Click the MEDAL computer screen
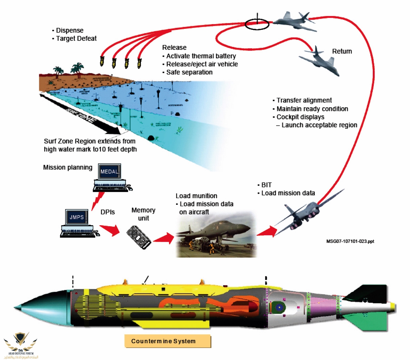pos(109,172)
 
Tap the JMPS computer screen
pos(76,217)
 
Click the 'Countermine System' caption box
pos(167,341)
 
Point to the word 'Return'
pos(342,51)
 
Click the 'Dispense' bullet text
pos(69,31)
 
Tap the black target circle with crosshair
pos(257,24)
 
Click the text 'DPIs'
pos(108,212)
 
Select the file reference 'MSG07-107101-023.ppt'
pos(350,241)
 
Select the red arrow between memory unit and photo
pos(164,238)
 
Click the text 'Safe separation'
pos(189,72)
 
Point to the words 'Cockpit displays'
pos(300,117)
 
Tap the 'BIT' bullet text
pos(266,185)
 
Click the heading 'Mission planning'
pos(68,168)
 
